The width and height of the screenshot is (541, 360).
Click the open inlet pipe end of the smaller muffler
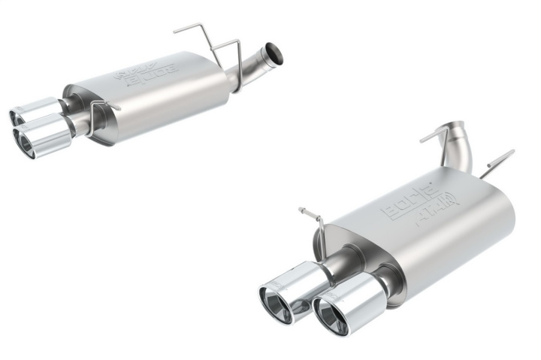point(276,54)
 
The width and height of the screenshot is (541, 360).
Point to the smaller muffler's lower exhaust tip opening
point(25,142)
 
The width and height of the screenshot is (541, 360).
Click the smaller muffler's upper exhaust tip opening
point(16,116)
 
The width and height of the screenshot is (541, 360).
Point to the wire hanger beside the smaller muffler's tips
point(96,116)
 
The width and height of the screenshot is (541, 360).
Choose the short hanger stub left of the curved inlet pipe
point(434,138)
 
